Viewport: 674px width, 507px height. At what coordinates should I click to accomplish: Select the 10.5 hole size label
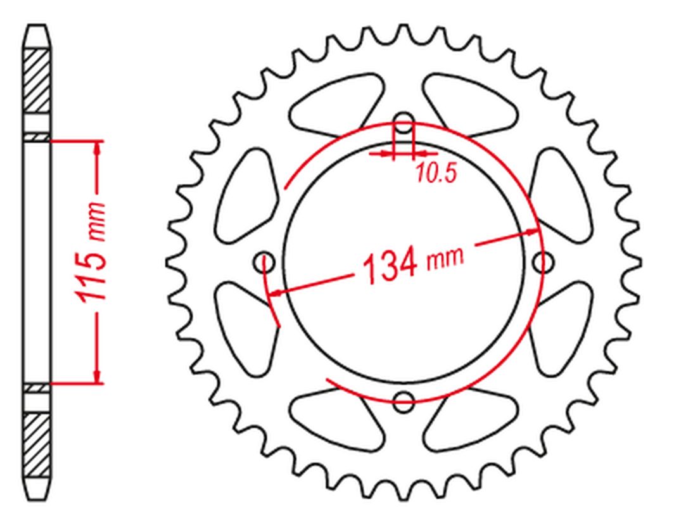click(436, 174)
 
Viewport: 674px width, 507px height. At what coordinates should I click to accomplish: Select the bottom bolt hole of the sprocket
click(404, 399)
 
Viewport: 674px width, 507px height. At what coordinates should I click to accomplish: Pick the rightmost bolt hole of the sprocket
click(543, 262)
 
